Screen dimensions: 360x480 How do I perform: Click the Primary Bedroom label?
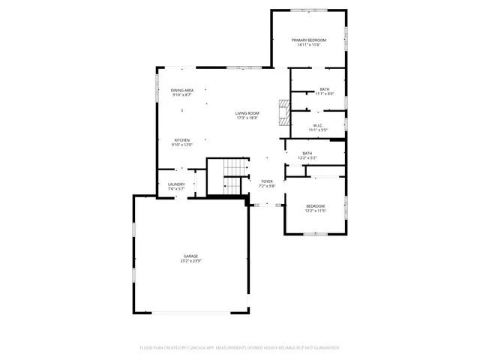tap(308, 40)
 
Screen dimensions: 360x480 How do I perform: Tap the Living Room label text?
tap(247, 113)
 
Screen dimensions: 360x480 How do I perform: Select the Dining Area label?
tap(181, 90)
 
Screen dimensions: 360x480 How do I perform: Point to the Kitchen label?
tap(182, 140)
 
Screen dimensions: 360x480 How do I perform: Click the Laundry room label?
tap(176, 184)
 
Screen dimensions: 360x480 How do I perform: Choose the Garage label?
tap(190, 256)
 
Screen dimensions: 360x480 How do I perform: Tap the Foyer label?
tap(267, 181)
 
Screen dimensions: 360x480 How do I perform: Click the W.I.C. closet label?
tap(318, 125)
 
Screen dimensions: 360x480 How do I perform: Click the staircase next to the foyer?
tap(235, 178)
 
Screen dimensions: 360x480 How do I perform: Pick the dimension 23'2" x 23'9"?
tap(190, 262)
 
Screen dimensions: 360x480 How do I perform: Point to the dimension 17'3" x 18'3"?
tap(247, 118)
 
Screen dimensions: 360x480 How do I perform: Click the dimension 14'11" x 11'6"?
tap(308, 45)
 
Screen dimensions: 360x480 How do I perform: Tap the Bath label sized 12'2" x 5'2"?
tap(307, 154)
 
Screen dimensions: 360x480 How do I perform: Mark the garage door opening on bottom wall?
tap(190, 311)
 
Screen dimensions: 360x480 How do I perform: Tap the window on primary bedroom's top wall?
tap(308, 10)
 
